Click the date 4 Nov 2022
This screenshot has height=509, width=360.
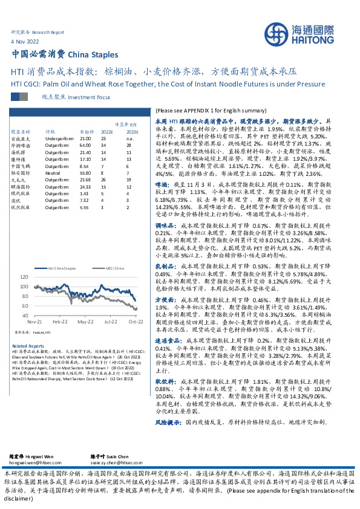(x=25, y=41)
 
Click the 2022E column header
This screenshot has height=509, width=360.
(x=107, y=131)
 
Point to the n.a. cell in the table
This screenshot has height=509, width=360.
(x=129, y=138)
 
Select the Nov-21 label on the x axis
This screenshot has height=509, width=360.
(x=34, y=323)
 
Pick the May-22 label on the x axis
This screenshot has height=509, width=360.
(x=85, y=323)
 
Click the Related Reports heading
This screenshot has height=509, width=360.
(x=25, y=345)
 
